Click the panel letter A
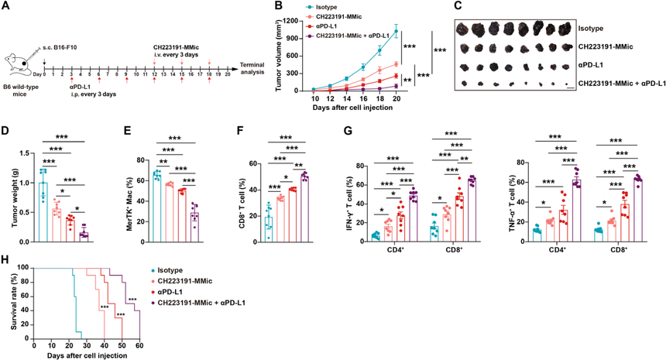(5, 6)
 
